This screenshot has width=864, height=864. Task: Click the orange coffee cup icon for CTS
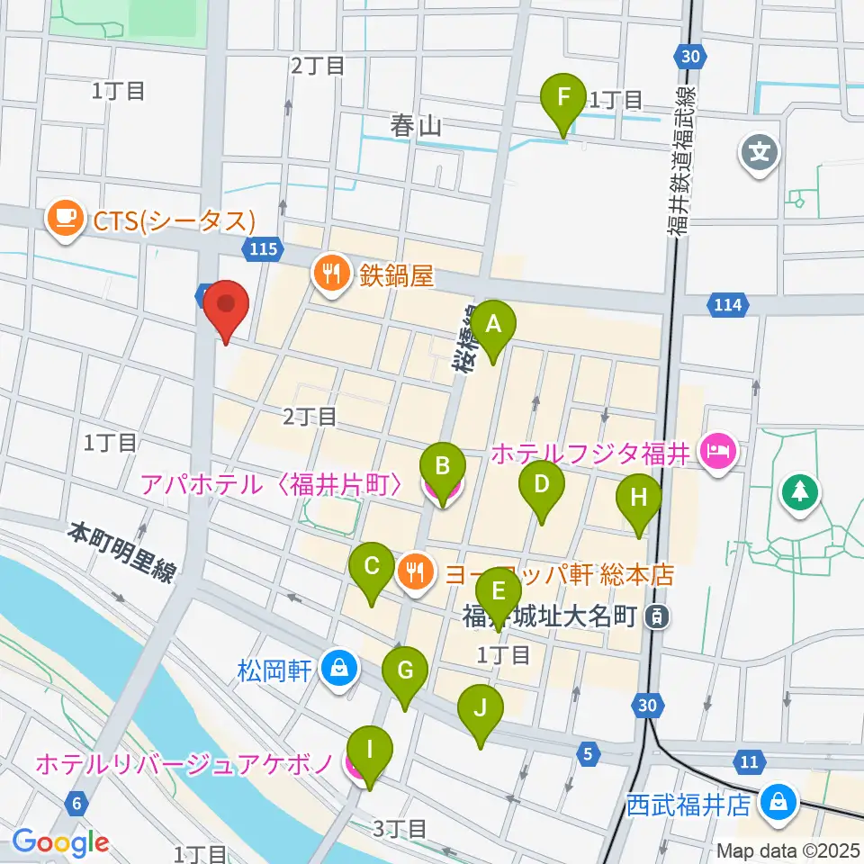click(x=65, y=219)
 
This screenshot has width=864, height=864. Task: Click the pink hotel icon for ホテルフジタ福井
click(x=720, y=447)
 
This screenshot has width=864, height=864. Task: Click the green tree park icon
click(x=798, y=491)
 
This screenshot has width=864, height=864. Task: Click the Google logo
click(x=60, y=841)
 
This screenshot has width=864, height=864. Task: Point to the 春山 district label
click(x=416, y=126)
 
